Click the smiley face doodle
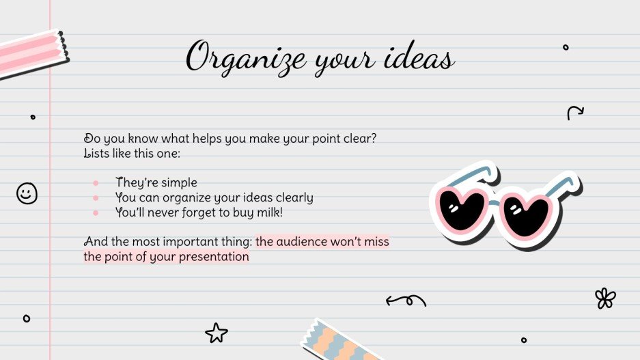coord(27,193)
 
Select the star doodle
coord(216,333)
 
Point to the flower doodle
coord(604,298)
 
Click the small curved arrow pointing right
coord(575,113)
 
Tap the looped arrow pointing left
coord(406,299)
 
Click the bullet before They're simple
coord(96,183)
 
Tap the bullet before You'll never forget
coord(96,214)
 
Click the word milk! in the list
coord(267,213)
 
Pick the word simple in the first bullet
coord(180,183)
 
